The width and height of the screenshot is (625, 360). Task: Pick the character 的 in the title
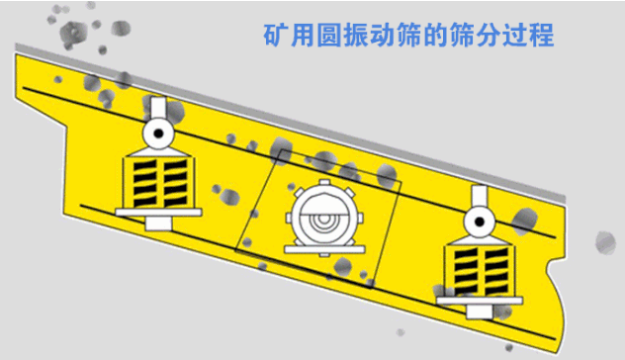tap(435, 35)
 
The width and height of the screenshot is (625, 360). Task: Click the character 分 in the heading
tap(489, 35)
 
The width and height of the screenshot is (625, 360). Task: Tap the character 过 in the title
tap(515, 35)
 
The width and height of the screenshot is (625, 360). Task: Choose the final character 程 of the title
tap(541, 35)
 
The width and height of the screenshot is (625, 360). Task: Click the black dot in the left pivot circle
tap(158, 134)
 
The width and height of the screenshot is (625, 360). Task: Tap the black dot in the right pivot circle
tap(479, 222)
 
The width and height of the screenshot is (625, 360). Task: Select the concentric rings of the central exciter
tap(324, 219)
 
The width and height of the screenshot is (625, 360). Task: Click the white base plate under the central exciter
tap(324, 249)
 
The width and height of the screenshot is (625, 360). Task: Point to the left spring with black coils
tap(159, 183)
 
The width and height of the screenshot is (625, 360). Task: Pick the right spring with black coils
tap(480, 271)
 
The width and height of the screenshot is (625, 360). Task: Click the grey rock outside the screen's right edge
tap(605, 242)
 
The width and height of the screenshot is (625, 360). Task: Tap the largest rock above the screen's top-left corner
tap(73, 33)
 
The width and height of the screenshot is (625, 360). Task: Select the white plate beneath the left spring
tap(158, 212)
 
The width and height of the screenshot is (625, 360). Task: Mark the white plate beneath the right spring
tap(479, 301)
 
